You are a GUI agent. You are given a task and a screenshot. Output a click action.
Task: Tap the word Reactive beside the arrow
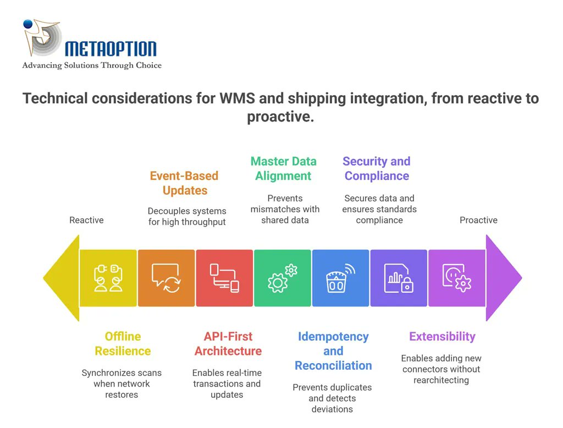click(x=86, y=220)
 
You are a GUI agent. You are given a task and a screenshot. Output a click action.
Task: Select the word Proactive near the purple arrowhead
click(x=478, y=220)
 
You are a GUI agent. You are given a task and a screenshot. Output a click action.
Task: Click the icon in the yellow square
click(x=108, y=278)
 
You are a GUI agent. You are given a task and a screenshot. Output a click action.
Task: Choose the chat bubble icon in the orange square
click(x=166, y=278)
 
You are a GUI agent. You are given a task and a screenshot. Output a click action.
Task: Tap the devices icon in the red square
click(x=224, y=278)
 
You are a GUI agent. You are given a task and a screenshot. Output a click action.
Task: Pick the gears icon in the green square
click(x=283, y=278)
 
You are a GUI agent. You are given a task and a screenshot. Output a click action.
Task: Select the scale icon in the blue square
click(x=340, y=278)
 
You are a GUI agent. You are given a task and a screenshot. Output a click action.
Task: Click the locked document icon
click(x=399, y=278)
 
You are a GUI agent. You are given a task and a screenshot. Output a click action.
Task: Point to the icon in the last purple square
click(x=457, y=278)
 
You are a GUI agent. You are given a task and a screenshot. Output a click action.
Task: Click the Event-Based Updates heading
click(x=185, y=183)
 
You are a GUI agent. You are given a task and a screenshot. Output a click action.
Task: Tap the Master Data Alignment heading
click(x=283, y=169)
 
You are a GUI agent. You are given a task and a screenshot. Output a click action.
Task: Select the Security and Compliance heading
click(x=377, y=169)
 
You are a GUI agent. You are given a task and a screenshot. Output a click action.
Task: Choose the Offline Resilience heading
click(x=123, y=344)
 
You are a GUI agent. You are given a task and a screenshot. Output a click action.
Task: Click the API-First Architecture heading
click(x=228, y=344)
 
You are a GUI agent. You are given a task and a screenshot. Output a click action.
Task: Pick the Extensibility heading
click(x=442, y=337)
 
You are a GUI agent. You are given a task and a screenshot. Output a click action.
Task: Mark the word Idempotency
click(x=333, y=337)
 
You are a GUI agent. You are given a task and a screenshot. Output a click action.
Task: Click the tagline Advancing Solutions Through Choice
click(x=92, y=65)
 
